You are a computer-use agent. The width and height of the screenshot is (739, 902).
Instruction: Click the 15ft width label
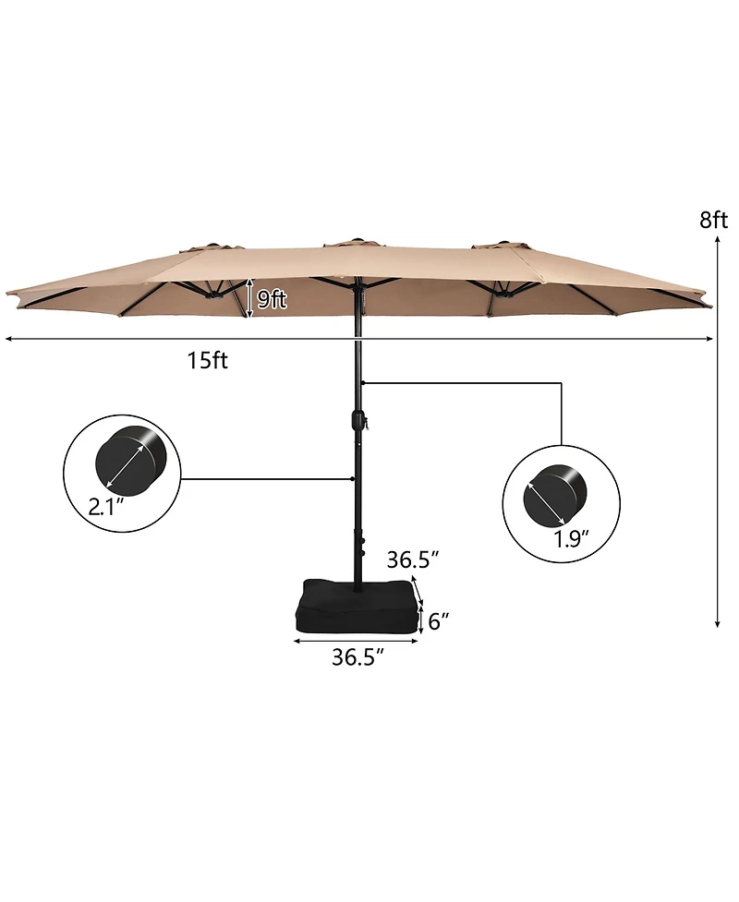(207, 361)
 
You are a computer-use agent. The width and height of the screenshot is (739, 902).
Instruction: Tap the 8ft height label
(713, 220)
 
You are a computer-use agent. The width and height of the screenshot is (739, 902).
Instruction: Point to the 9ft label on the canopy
(271, 299)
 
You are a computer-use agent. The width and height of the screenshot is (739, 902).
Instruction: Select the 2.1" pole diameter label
(107, 506)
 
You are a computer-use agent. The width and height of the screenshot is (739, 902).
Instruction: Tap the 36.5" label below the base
(357, 657)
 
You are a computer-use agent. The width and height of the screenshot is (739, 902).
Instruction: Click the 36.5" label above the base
(413, 559)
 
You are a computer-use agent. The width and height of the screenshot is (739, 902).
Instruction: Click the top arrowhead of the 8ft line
(717, 239)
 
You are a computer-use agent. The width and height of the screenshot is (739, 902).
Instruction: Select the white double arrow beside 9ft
(250, 299)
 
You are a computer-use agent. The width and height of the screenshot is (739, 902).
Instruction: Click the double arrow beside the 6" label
(421, 620)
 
